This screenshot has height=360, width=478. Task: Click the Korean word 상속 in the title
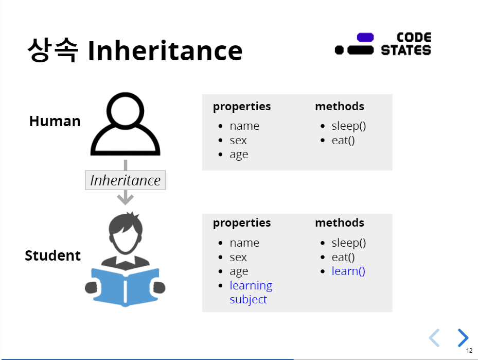pyautogui.click(x=52, y=50)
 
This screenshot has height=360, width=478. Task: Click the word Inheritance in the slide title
pyautogui.click(x=165, y=50)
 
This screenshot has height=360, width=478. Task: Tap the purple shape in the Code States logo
pyautogui.click(x=365, y=37)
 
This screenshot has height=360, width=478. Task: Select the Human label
pyautogui.click(x=55, y=121)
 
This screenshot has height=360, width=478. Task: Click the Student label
pyautogui.click(x=52, y=255)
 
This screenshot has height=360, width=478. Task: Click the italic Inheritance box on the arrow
pyautogui.click(x=126, y=180)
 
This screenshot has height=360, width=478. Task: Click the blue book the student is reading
pyautogui.click(x=125, y=287)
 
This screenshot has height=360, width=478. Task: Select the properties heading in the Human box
pyautogui.click(x=242, y=107)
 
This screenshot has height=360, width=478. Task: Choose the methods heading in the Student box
pyautogui.click(x=340, y=222)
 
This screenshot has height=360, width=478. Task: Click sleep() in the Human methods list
pyautogui.click(x=349, y=126)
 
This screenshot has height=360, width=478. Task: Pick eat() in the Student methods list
pyautogui.click(x=343, y=257)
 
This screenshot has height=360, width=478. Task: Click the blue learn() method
pyautogui.click(x=348, y=271)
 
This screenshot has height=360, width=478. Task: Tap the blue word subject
pyautogui.click(x=248, y=300)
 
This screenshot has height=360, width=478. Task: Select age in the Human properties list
pyautogui.click(x=239, y=155)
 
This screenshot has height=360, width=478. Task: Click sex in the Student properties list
pyautogui.click(x=238, y=258)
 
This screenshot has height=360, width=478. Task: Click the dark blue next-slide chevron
pyautogui.click(x=463, y=338)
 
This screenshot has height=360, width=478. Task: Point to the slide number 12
pyautogui.click(x=469, y=351)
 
